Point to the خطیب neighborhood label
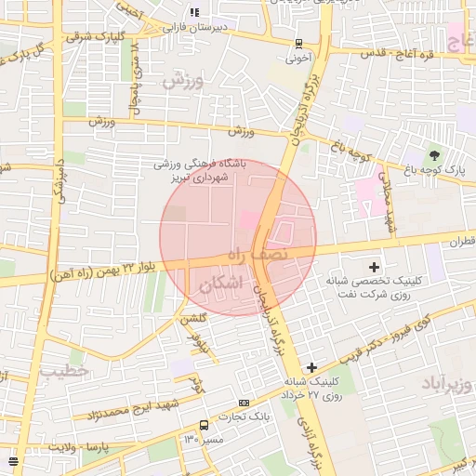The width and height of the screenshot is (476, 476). click(64, 371)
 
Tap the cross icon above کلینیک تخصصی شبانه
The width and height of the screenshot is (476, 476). click(374, 267)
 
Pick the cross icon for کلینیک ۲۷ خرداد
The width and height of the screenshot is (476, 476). click(312, 368)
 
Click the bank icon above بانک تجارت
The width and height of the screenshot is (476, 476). click(244, 403)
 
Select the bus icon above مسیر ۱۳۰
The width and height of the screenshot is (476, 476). click(204, 425)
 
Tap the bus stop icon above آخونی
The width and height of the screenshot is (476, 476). click(298, 43)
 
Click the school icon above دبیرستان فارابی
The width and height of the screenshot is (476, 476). click(194, 12)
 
